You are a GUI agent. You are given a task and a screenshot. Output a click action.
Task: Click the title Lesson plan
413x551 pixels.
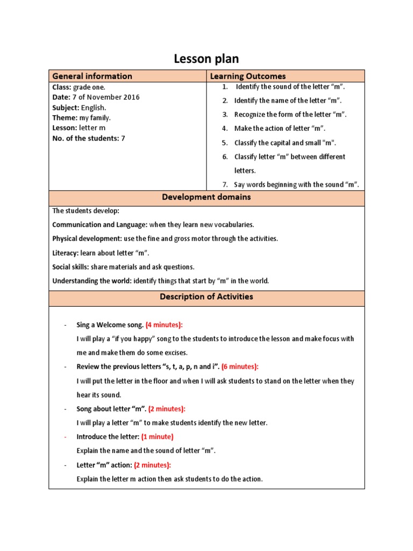coord(206,59)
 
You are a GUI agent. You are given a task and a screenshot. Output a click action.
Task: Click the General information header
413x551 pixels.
coord(92,76)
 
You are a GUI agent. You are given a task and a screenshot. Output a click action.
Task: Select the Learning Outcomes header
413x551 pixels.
coord(248,76)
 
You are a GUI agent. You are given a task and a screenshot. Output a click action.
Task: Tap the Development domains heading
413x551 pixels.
coord(206,197)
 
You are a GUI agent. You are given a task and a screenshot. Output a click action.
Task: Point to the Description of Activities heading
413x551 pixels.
coord(206,296)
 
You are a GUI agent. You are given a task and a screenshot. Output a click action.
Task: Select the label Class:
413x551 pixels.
coord(61,87)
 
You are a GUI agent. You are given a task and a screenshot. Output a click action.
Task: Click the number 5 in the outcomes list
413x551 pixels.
coord(225,143)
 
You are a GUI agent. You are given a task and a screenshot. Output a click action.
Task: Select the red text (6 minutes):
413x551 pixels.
coord(240,366)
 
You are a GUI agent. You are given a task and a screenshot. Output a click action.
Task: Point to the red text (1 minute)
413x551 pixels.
coord(158,436)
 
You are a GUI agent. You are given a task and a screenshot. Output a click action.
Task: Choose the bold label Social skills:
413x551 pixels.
coord(70,267)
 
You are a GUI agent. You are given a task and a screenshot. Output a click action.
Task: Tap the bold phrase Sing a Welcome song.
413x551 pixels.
coord(110,325)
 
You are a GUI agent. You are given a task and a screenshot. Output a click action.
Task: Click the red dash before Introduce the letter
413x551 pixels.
coord(65,436)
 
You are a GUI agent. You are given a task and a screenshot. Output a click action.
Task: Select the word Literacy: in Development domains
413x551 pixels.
coord(65,253)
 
